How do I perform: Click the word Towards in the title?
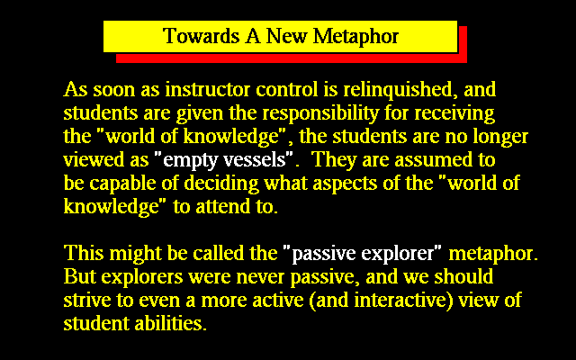(x=201, y=36)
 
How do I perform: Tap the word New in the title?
(x=286, y=36)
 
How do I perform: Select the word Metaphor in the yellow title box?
(x=355, y=37)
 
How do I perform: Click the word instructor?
(x=208, y=90)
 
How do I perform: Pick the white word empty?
(x=190, y=161)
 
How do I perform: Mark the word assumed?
(x=433, y=160)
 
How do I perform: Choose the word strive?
(x=87, y=301)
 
